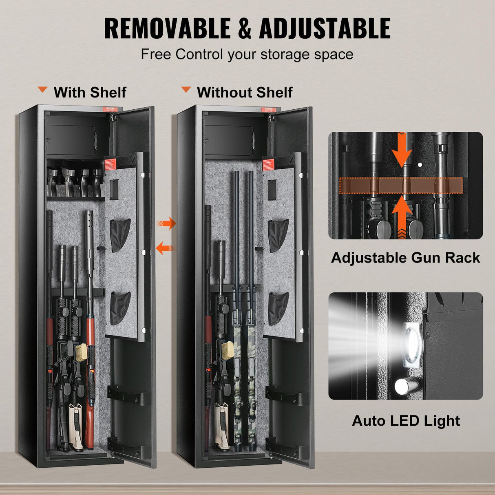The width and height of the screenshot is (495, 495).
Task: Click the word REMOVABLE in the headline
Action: point(167,29)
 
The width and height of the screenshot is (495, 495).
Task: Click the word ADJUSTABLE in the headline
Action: point(325,29)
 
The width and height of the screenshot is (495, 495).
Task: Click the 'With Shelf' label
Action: point(90,92)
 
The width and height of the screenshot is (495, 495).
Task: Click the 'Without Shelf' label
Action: point(244,92)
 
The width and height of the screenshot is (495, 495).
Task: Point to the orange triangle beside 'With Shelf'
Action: point(42,90)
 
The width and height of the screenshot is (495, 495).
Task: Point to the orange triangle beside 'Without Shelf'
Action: point(186,90)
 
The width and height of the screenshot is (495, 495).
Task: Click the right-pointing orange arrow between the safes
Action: point(166,223)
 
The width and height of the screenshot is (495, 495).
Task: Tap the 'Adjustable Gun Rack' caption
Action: point(405,258)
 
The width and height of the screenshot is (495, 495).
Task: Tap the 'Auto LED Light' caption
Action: point(406,420)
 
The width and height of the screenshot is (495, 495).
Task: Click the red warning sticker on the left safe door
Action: point(110,164)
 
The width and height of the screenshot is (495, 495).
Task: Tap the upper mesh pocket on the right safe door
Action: point(278,235)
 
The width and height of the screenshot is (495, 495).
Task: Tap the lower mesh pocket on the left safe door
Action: point(120,308)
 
